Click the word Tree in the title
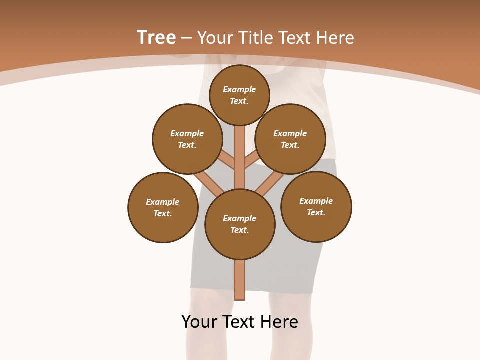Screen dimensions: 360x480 (x=156, y=38)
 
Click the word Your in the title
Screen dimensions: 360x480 (x=215, y=38)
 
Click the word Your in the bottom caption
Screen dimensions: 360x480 (x=200, y=322)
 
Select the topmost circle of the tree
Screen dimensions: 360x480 (x=239, y=95)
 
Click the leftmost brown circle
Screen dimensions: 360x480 (x=163, y=207)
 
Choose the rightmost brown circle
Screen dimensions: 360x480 (x=316, y=206)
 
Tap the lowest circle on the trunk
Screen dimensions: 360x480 (x=240, y=224)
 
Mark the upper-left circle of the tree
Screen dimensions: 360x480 (x=187, y=139)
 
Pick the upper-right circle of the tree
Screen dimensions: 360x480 (x=290, y=139)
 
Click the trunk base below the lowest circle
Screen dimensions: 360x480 (x=240, y=280)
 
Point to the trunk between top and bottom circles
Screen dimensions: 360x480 (x=240, y=157)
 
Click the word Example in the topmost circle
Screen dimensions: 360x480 (x=239, y=89)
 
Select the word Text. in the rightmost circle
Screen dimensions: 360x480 (x=316, y=212)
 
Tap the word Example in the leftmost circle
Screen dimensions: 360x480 (x=163, y=202)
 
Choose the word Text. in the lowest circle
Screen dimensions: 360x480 (x=239, y=230)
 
